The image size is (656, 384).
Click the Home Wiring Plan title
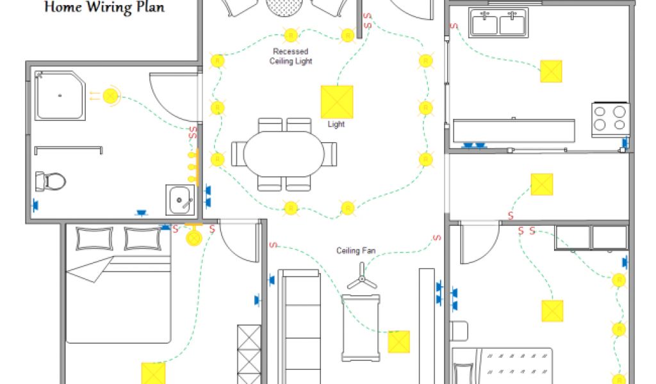point(104,8)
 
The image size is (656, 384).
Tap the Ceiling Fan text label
point(356,251)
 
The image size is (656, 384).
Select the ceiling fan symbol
point(361,280)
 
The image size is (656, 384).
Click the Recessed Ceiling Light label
point(290,56)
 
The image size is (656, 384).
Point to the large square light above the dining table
point(336,101)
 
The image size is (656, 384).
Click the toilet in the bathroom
point(51,180)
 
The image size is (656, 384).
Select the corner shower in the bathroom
point(61,96)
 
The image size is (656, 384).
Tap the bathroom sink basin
point(180,200)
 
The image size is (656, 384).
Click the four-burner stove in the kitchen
point(609,118)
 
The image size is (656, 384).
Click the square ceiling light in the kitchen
point(550,71)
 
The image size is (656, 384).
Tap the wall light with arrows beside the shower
point(111,96)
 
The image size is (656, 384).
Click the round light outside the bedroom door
point(193,237)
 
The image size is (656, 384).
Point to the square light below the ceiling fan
point(398,341)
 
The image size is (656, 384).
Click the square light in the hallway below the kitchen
point(541,185)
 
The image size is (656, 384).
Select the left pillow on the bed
point(95,238)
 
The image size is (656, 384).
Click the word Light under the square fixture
point(336,124)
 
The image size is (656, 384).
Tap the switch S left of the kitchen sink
point(453,26)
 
